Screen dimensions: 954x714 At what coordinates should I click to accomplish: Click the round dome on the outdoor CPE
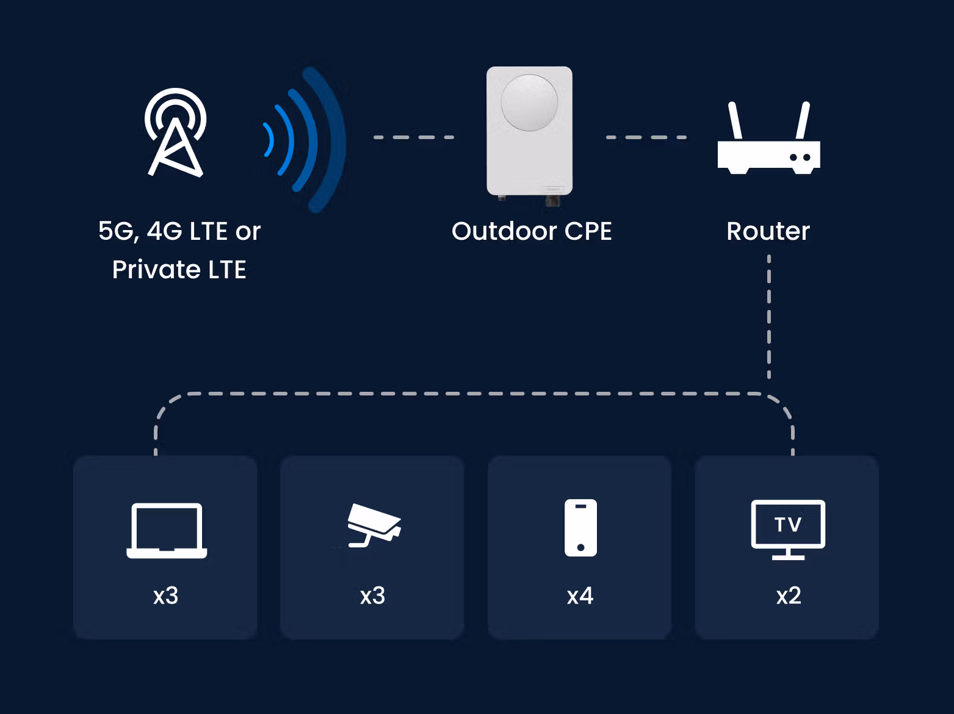529,103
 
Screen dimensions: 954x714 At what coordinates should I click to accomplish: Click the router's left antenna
735,120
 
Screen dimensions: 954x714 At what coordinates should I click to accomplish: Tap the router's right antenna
803,120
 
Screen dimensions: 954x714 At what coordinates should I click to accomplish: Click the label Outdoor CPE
532,231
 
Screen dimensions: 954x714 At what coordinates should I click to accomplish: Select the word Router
768,231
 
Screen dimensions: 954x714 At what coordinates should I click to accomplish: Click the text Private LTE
179,270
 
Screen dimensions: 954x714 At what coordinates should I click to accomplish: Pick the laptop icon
167,530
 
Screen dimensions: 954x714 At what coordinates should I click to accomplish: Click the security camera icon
374,525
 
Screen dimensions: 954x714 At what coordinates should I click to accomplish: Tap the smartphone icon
580,528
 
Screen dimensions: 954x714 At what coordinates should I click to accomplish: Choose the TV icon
788,530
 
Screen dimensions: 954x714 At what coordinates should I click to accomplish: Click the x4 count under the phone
580,596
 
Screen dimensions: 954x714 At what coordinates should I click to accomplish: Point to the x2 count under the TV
789,596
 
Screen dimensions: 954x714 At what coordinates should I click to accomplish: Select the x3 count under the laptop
165,596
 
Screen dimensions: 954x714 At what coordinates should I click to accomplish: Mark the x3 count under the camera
372,596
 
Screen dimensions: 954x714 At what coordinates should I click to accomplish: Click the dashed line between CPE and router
646,137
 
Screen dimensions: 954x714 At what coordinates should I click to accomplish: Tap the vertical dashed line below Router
769,317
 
